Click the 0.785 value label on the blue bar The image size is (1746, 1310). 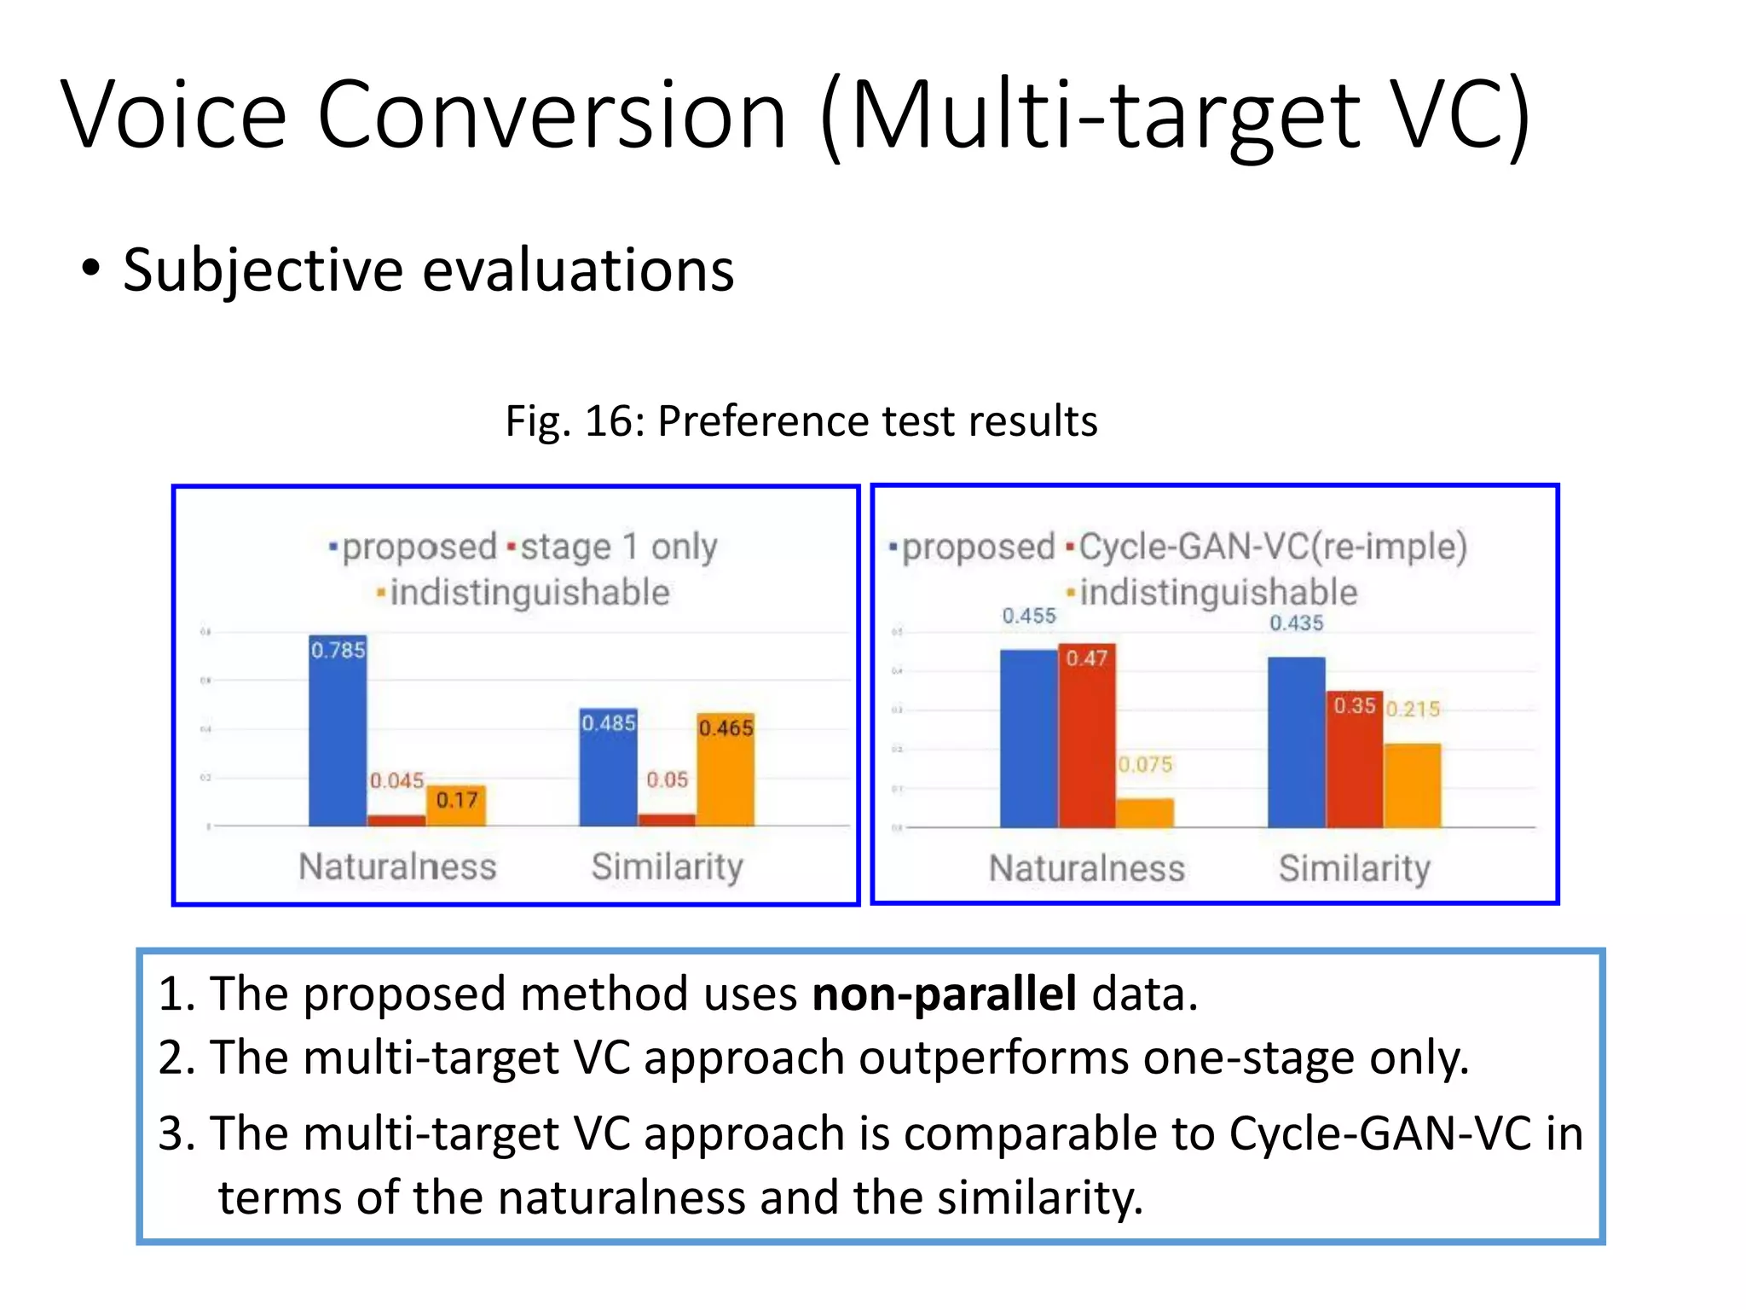click(x=338, y=651)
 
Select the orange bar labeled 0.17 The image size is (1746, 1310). click(x=456, y=806)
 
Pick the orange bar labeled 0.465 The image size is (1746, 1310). click(x=726, y=772)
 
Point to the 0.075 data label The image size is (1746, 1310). click(x=1145, y=764)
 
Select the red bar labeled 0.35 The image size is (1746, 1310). click(x=1355, y=759)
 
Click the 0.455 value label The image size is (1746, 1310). click(x=1029, y=616)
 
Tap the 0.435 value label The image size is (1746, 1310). click(x=1296, y=623)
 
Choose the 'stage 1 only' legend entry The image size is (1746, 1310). click(x=617, y=547)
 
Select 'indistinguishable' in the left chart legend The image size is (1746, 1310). click(x=529, y=593)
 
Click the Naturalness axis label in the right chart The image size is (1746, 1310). click(x=1086, y=868)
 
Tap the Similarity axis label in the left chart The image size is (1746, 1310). click(x=668, y=867)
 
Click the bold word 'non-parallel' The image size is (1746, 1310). click(x=944, y=994)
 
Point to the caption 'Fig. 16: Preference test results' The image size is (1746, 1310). click(x=801, y=421)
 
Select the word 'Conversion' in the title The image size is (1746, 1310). click(x=552, y=115)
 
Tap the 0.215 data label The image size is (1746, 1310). click(x=1413, y=709)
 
